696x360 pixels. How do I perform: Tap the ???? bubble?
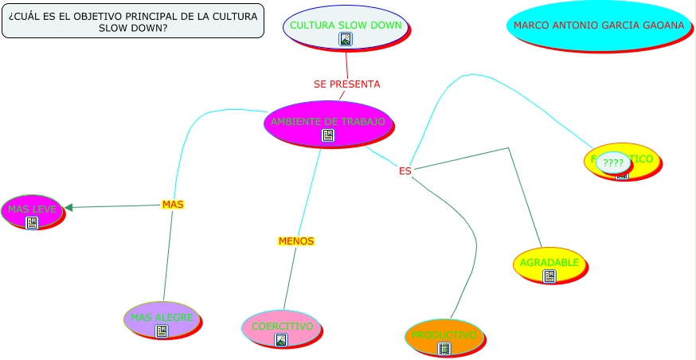(x=613, y=163)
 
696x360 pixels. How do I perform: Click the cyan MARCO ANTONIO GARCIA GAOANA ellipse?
(x=598, y=25)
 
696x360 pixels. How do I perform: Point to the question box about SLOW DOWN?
(x=133, y=22)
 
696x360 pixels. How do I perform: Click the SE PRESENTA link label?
(x=346, y=84)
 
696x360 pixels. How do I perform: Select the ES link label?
(x=405, y=170)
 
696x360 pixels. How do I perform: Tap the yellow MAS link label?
(x=173, y=205)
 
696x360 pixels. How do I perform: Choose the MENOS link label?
(x=296, y=241)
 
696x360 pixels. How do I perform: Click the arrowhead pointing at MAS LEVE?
(x=69, y=208)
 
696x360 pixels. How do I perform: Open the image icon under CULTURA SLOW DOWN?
(x=346, y=39)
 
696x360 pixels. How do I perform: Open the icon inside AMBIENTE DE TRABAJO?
(x=327, y=136)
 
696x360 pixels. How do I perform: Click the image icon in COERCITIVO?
(x=281, y=340)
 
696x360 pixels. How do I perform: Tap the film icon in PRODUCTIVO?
(x=444, y=348)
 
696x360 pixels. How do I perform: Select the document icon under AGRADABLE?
(x=549, y=276)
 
